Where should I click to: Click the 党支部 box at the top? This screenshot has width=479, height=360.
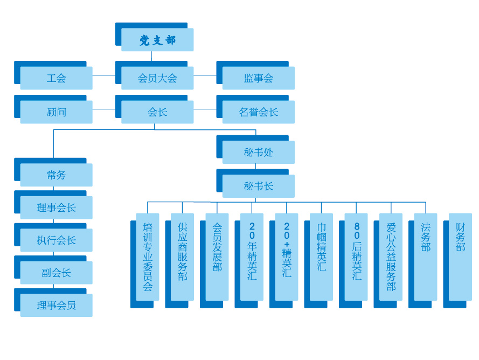coord(157,40)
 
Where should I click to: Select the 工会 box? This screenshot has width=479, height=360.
coord(56,78)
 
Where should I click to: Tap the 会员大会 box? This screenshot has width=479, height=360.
coord(157,78)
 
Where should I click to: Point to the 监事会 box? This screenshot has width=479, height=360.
coord(259,78)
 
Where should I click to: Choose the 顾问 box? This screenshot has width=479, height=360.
coord(56,112)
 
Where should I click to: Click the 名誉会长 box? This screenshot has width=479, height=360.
coord(259,112)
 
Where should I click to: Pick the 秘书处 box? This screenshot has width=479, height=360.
coord(259,153)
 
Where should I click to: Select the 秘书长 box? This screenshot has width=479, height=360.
coord(259,186)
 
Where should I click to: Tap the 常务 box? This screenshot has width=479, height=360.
coord(56,175)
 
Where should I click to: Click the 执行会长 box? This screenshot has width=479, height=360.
coord(56,240)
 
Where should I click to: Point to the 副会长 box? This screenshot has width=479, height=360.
coord(56,273)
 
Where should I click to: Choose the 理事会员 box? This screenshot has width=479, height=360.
coord(56,305)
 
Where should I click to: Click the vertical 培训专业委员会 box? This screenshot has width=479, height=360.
coord(148,257)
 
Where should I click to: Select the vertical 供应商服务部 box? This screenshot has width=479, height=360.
coord(182,257)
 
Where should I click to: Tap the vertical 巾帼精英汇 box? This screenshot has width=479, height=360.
coord(321,257)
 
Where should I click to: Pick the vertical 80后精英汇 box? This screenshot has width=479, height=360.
coord(356,257)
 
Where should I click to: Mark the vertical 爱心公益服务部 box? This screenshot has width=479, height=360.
coord(391,257)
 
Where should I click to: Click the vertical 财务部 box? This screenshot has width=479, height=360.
coord(460,257)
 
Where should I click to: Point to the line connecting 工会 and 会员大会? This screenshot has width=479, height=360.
coord(104,75)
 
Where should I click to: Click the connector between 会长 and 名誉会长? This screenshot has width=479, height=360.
coord(205,109)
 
